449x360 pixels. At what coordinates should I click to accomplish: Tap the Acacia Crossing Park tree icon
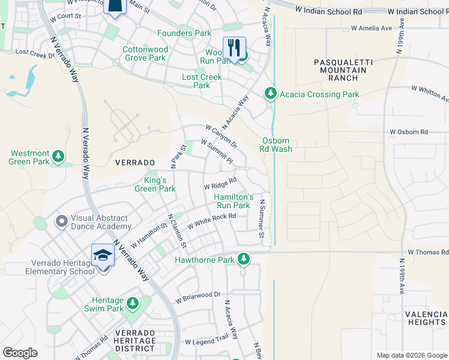click(x=271, y=94)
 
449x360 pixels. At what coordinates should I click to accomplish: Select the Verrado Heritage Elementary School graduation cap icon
click(x=103, y=256)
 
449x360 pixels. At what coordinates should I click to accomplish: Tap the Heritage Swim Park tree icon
click(x=132, y=304)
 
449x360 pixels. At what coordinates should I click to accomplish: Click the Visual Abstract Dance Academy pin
click(x=61, y=222)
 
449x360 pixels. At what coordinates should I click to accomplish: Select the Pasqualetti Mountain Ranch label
click(x=340, y=70)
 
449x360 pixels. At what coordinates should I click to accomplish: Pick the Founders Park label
click(x=176, y=34)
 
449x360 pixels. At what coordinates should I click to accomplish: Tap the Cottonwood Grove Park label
click(x=145, y=54)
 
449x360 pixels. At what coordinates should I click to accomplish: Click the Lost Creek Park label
click(x=202, y=81)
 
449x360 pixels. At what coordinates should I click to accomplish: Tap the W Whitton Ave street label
click(x=429, y=92)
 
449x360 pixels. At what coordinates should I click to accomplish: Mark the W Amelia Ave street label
click(x=371, y=28)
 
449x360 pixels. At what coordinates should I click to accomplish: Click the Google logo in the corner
click(x=20, y=352)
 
